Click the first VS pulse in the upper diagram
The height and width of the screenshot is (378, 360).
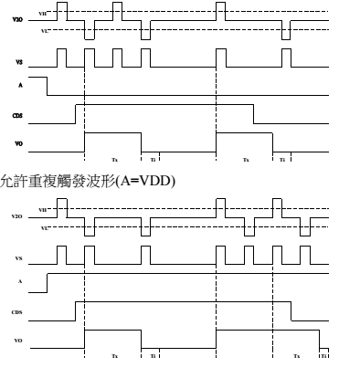point(62,57)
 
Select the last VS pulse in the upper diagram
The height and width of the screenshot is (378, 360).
point(287,57)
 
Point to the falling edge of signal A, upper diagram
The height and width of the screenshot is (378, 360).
point(48,86)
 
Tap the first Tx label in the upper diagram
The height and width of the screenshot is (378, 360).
point(114,159)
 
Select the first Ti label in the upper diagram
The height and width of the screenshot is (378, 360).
point(153,159)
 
